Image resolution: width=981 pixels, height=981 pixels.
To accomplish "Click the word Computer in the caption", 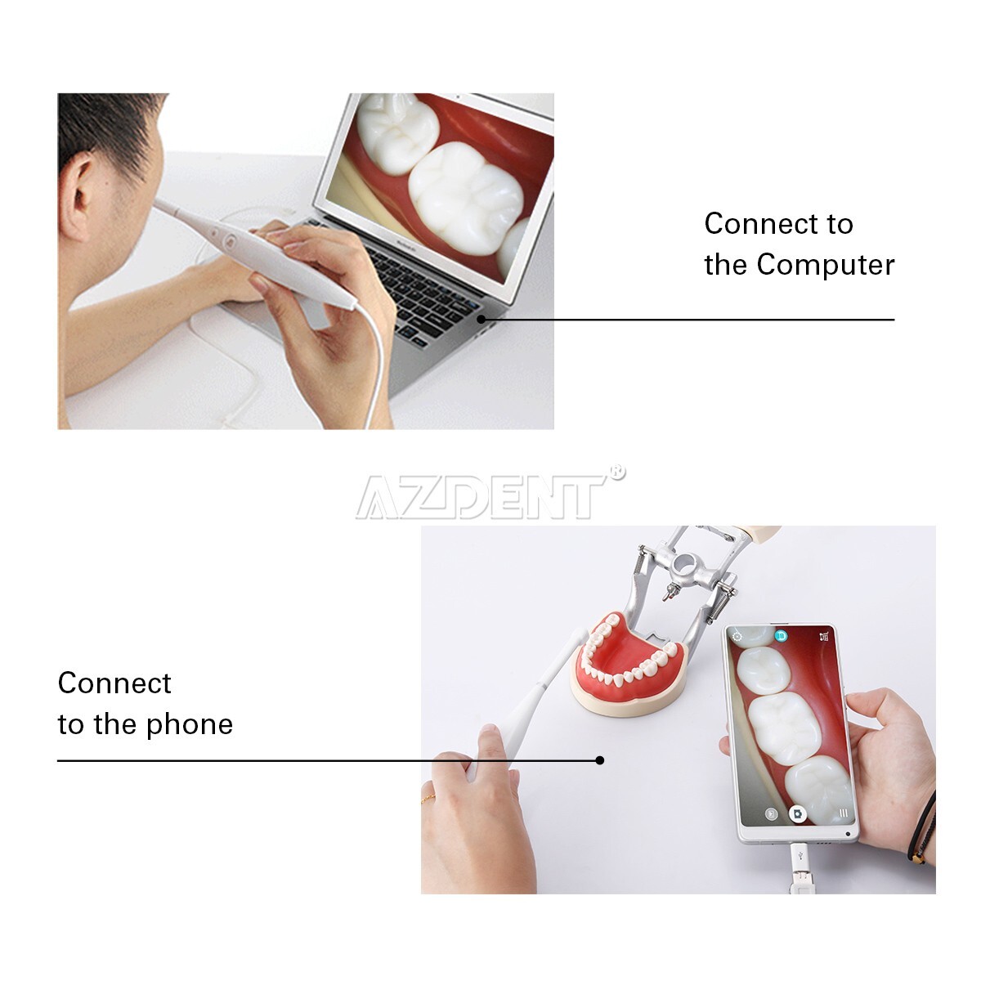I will pyautogui.click(x=826, y=265).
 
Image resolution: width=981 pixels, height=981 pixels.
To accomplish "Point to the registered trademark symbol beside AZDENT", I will pyautogui.click(x=618, y=472).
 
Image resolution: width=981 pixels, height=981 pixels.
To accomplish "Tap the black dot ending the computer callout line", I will pyautogui.click(x=482, y=319).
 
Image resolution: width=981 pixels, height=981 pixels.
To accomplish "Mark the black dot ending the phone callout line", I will pyautogui.click(x=600, y=760).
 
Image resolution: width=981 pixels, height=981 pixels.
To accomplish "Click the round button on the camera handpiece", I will pyautogui.click(x=231, y=242).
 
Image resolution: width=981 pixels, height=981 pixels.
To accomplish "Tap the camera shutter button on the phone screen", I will pyautogui.click(x=797, y=814).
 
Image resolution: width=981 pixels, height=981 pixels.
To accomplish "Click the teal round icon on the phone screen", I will pyautogui.click(x=781, y=635).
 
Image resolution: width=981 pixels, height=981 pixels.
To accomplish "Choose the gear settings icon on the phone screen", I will pyautogui.click(x=737, y=636).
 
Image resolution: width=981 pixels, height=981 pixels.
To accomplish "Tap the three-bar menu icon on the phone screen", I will pyautogui.click(x=843, y=813).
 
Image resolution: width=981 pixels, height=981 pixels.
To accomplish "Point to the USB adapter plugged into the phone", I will pyautogui.click(x=798, y=867).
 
